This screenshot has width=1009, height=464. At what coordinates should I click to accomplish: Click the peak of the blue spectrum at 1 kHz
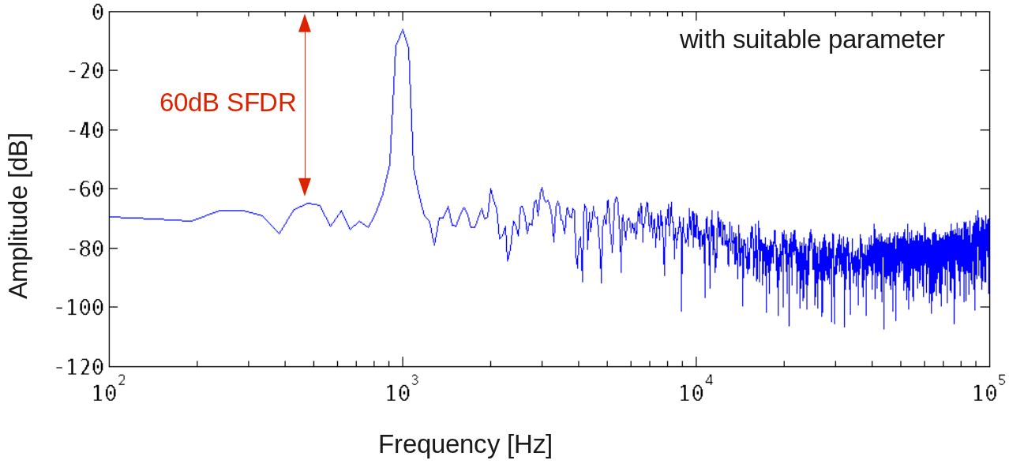(x=403, y=31)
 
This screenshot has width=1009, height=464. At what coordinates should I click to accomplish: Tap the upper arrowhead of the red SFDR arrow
(x=305, y=23)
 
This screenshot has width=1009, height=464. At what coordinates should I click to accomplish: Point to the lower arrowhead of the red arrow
(x=305, y=186)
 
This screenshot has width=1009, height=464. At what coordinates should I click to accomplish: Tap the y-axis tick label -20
(x=85, y=71)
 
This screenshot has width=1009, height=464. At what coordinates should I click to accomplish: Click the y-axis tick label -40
(x=85, y=130)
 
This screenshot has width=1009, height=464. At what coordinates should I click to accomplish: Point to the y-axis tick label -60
(x=85, y=189)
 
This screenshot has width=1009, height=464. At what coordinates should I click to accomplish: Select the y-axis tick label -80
(x=85, y=249)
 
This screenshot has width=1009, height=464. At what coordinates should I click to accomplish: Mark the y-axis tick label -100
(x=80, y=308)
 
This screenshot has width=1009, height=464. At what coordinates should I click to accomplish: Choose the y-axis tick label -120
(x=80, y=367)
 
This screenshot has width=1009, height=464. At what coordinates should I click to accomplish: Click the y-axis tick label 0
(x=97, y=12)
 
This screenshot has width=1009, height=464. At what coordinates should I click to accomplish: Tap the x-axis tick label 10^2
(x=110, y=391)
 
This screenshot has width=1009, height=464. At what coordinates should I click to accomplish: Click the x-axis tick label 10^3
(x=403, y=391)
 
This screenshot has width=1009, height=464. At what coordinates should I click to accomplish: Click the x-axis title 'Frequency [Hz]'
(x=465, y=444)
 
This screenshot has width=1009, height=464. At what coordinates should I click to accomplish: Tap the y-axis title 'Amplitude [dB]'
(x=18, y=216)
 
